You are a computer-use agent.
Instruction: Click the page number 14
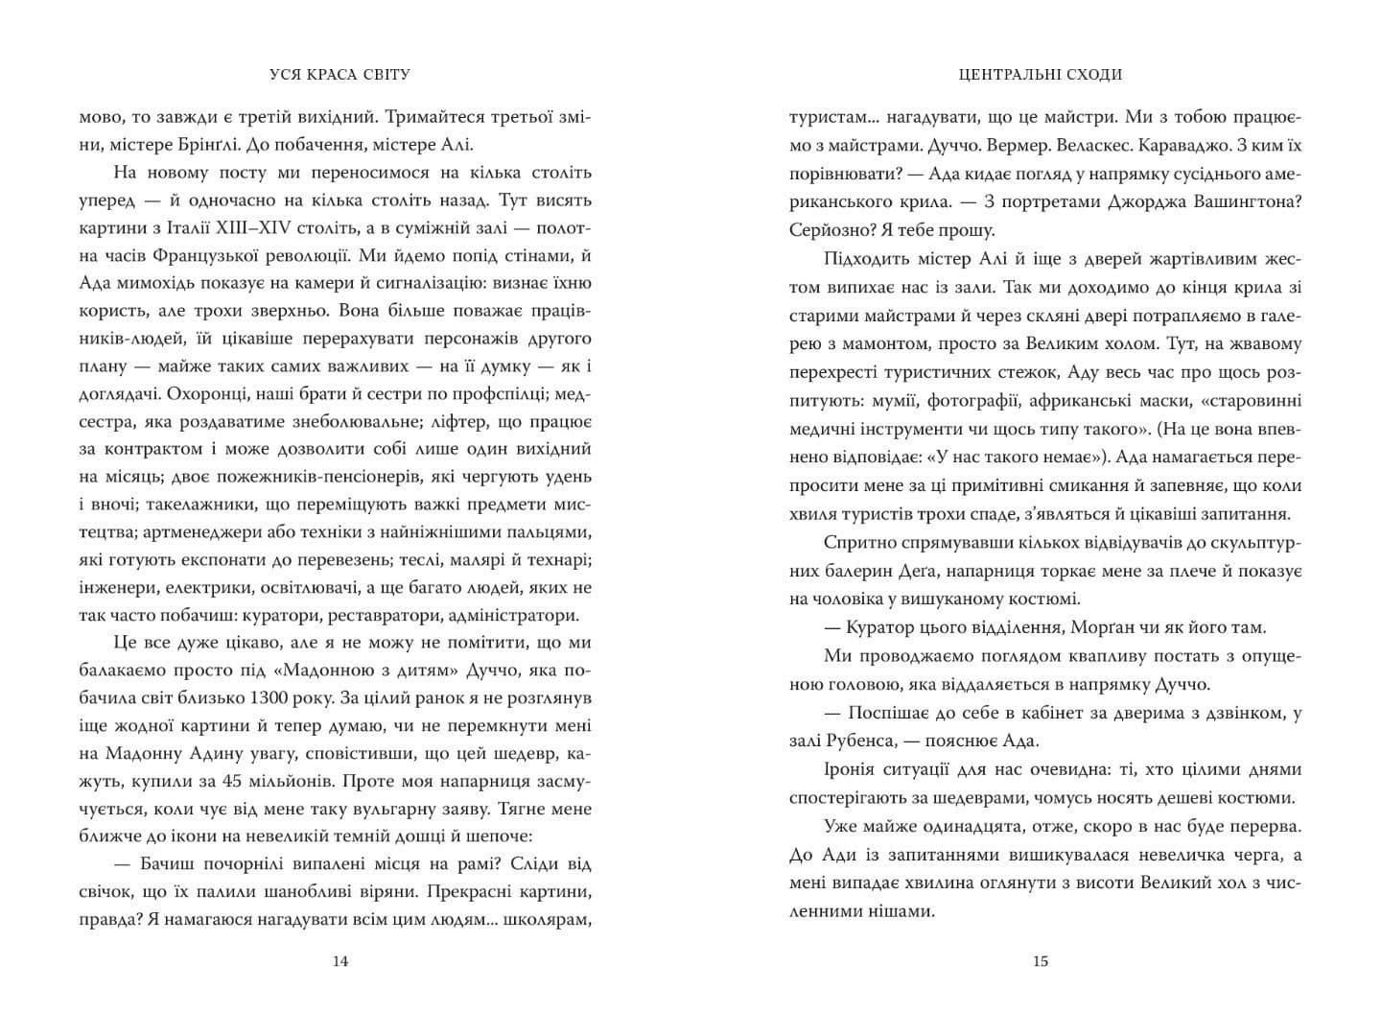pos(339,961)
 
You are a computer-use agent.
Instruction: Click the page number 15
pos(1042,961)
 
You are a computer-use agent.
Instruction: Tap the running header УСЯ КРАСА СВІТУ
pos(339,75)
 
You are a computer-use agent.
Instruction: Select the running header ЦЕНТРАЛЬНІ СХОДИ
pos(1041,75)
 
